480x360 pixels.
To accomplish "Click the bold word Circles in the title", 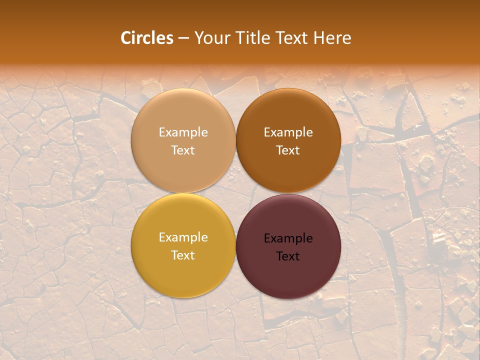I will (x=147, y=38).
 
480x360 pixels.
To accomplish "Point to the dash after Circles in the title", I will (x=183, y=38).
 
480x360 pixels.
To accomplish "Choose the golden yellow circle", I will (x=183, y=270).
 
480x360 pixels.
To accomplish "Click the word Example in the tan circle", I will (x=183, y=132).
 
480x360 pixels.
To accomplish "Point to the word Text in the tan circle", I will (x=183, y=150).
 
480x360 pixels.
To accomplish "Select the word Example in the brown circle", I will (x=288, y=132).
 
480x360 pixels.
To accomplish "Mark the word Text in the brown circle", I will (x=288, y=150).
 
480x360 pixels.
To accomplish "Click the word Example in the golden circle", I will (x=183, y=237).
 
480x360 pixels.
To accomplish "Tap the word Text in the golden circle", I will (x=183, y=255).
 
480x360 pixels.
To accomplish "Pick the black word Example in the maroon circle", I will (x=288, y=238).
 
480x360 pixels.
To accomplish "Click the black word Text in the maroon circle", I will (x=288, y=256).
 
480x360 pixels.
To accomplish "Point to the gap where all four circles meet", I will (x=235, y=193).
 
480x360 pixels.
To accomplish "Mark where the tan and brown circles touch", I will (x=235, y=140).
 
